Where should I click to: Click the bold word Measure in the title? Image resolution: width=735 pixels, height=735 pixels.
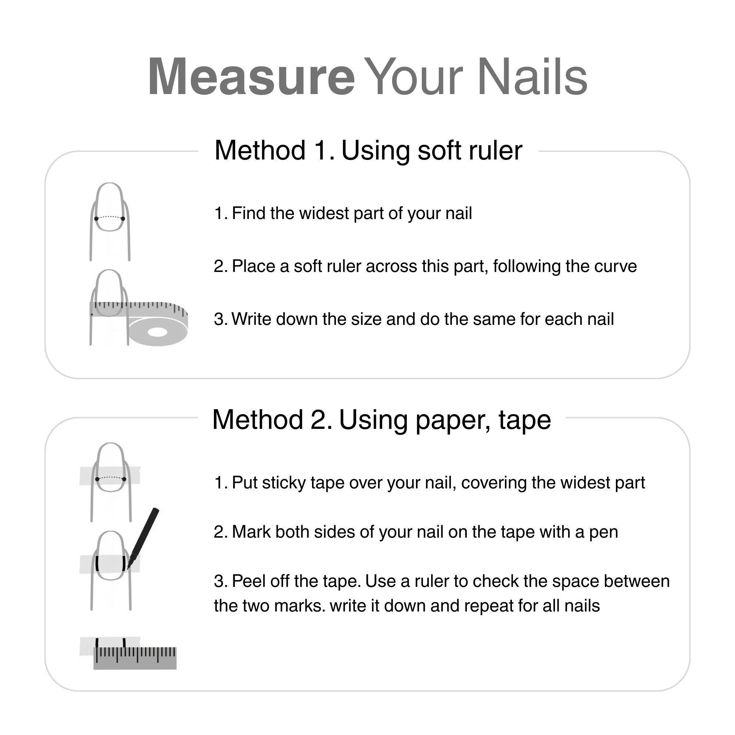tap(251, 77)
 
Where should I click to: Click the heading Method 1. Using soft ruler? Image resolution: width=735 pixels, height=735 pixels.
tap(368, 150)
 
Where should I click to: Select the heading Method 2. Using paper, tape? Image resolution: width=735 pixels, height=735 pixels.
tap(381, 420)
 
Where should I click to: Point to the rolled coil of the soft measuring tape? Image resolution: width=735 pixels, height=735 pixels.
tap(158, 332)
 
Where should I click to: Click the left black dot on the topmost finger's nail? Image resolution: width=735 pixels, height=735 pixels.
tap(96, 219)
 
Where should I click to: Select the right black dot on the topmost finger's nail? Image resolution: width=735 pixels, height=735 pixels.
tap(123, 219)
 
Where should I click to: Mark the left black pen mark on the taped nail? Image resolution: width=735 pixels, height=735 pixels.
tap(97, 563)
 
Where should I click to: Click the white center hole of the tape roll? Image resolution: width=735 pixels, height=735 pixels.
tap(157, 332)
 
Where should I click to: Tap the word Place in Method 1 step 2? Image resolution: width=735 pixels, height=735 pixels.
tap(253, 266)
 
